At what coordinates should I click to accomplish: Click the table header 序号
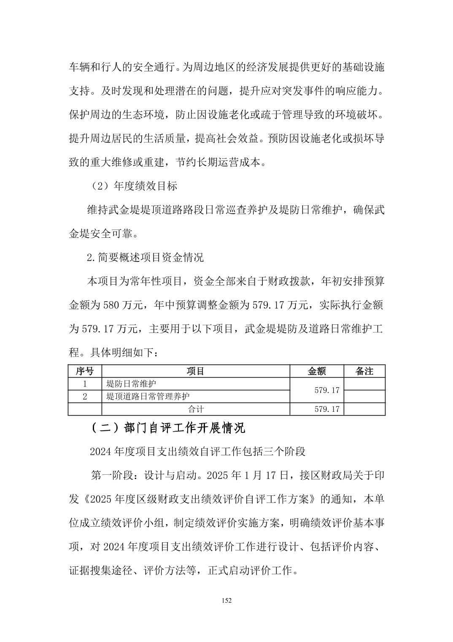85,371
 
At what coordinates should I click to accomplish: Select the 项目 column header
196,371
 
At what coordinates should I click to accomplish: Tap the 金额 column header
317,371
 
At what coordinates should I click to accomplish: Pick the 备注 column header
364,371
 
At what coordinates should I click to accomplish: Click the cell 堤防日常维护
131,384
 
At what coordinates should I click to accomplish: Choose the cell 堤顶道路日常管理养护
148,397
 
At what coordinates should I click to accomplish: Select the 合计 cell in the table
196,409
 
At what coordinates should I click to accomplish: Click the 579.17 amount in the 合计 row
327,409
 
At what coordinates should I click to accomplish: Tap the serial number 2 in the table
85,397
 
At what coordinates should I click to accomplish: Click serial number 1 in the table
85,384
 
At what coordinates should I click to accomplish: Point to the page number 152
227,601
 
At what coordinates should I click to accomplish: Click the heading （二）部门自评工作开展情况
167,428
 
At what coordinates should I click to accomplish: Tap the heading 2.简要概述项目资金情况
145,257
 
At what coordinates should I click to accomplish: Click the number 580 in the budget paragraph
112,305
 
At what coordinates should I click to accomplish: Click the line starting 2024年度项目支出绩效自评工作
197,452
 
